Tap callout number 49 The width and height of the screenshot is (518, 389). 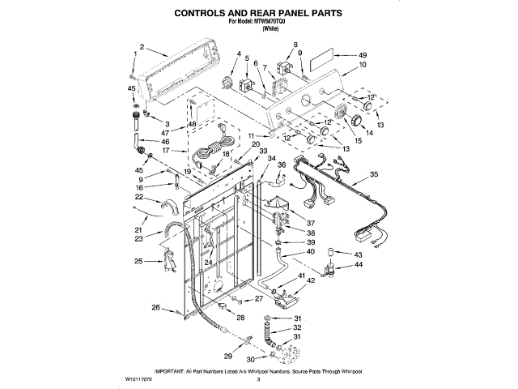(363, 55)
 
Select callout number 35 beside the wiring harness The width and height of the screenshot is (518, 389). (374, 174)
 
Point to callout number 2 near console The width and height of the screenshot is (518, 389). (142, 48)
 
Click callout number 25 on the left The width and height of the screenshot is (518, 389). (138, 261)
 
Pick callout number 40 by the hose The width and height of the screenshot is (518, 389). (310, 251)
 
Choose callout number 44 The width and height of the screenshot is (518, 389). (359, 265)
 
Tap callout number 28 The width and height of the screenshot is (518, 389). (240, 318)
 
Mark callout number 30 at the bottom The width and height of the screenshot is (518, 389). (250, 359)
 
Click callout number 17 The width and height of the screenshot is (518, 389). (164, 150)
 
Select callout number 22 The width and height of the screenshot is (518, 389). (139, 197)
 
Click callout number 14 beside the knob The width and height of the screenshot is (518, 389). (369, 134)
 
